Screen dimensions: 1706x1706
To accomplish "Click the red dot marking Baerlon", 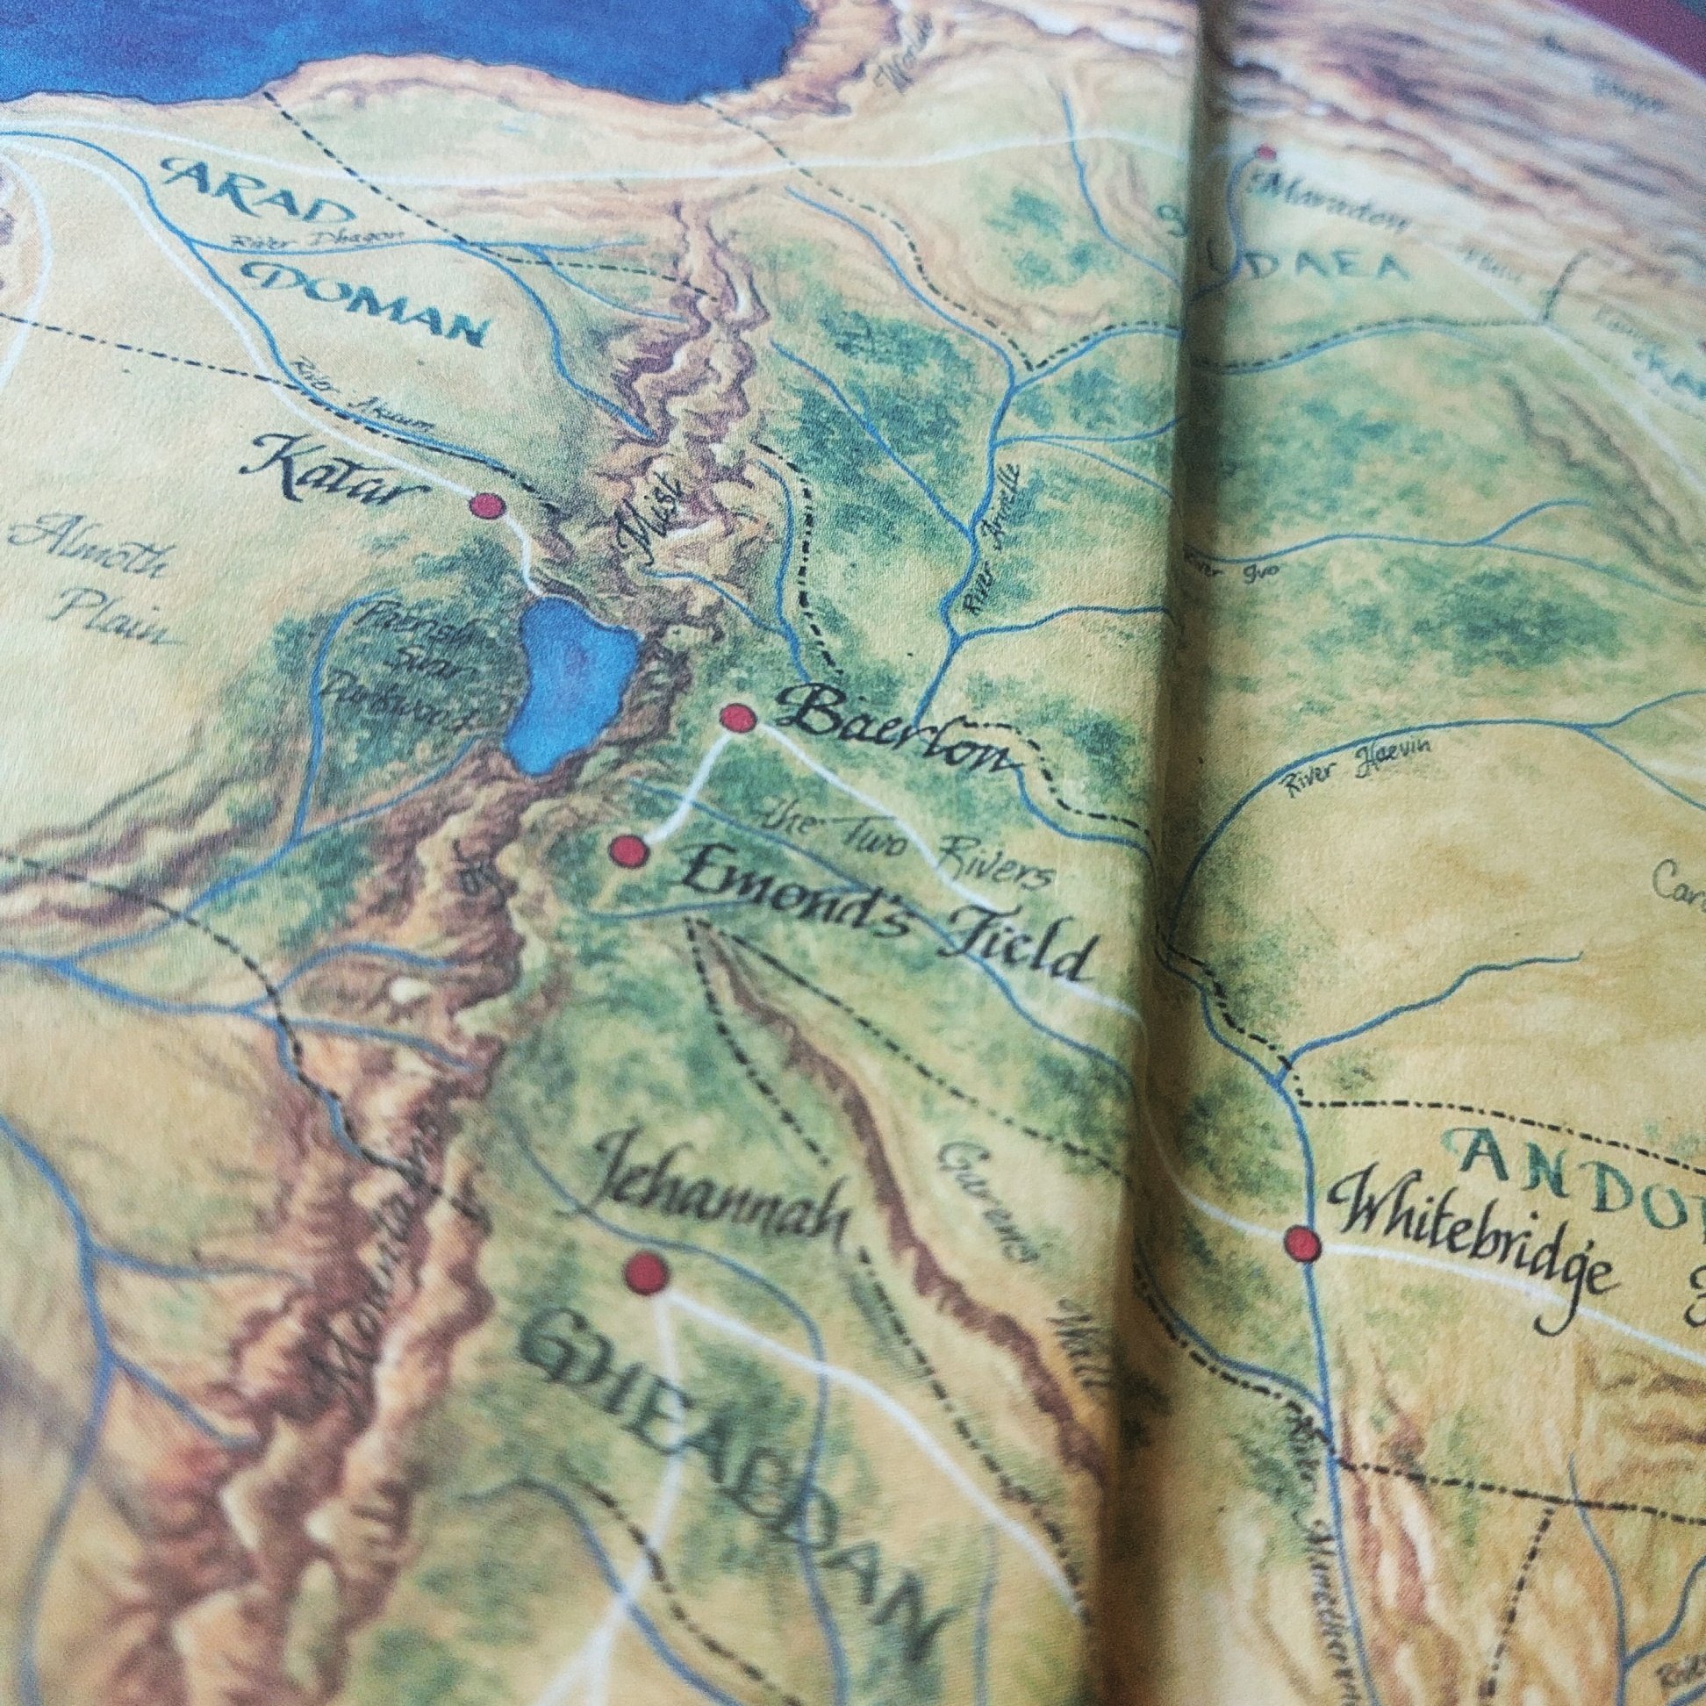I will pyautogui.click(x=738, y=719).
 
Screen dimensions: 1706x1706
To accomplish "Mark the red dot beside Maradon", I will pyautogui.click(x=1267, y=152).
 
